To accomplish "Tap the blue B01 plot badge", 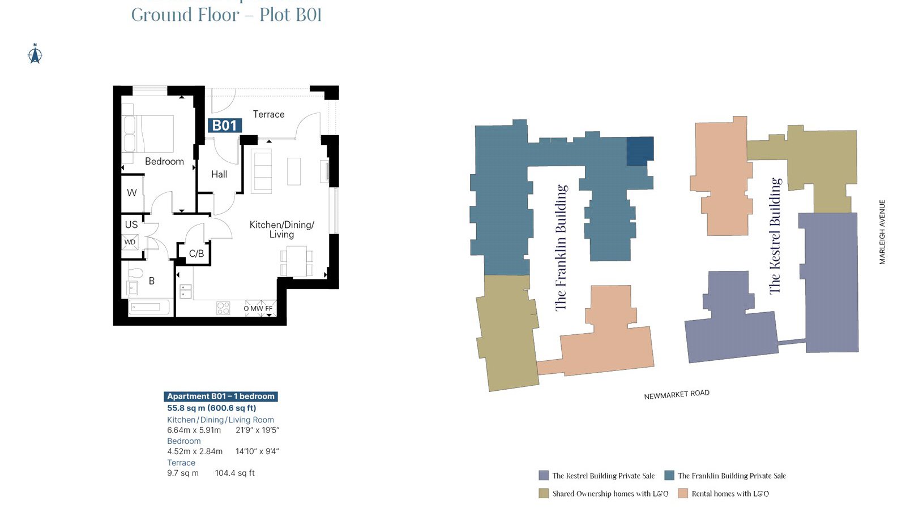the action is [x=225, y=126].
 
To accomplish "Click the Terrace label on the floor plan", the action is [x=268, y=114].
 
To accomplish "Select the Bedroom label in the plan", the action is [x=164, y=161].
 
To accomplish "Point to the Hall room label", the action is [x=219, y=174].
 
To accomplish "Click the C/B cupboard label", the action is [x=196, y=254].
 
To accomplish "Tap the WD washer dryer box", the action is [x=130, y=242].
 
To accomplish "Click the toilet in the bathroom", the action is [x=136, y=274].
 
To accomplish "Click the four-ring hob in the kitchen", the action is [x=223, y=308].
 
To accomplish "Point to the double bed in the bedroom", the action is [x=148, y=134].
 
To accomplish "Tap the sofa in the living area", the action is [x=261, y=171].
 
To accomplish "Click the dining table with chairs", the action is [x=297, y=262].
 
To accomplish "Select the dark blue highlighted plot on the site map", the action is [x=640, y=151].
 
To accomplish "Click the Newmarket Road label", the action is [x=677, y=394].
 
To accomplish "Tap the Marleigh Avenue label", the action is [x=882, y=232].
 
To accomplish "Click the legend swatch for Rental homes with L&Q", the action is [x=683, y=493].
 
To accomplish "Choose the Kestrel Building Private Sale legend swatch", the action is [x=544, y=476].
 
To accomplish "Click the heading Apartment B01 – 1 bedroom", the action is [x=221, y=396].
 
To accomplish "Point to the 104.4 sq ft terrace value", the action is [x=234, y=473].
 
